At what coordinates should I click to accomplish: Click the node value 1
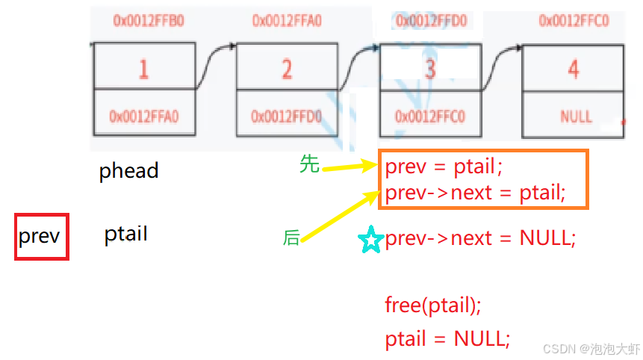pyautogui.click(x=143, y=69)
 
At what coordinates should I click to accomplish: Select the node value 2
pyautogui.click(x=287, y=69)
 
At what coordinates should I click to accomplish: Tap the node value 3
pyautogui.click(x=429, y=69)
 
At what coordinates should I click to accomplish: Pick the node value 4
pyautogui.click(x=573, y=69)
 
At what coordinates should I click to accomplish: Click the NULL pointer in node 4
pyautogui.click(x=575, y=117)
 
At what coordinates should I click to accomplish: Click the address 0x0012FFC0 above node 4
pyautogui.click(x=574, y=21)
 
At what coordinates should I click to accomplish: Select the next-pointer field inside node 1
pyautogui.click(x=143, y=117)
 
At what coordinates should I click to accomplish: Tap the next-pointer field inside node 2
pyautogui.click(x=286, y=117)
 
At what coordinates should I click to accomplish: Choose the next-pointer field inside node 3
pyautogui.click(x=429, y=117)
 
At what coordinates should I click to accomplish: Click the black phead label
pyautogui.click(x=128, y=171)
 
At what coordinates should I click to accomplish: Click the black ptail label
pyautogui.click(x=125, y=235)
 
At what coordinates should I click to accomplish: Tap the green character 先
pyautogui.click(x=309, y=164)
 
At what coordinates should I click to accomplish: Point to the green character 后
pyautogui.click(x=291, y=238)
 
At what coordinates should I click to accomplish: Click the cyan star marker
pyautogui.click(x=370, y=240)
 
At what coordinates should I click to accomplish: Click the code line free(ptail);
pyautogui.click(x=433, y=305)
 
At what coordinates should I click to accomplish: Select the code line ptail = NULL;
pyautogui.click(x=447, y=339)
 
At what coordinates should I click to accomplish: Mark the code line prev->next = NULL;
pyautogui.click(x=480, y=239)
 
